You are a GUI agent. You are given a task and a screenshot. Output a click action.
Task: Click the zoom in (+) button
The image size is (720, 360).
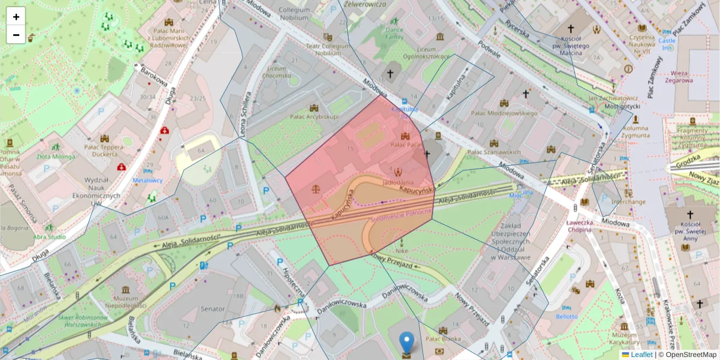click(16, 17)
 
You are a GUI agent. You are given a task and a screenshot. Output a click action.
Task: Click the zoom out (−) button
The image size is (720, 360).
click(16, 35)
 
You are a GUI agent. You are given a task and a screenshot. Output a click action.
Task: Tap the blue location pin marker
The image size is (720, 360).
click(407, 343)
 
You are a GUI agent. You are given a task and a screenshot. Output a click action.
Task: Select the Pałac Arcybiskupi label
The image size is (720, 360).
click(314, 116)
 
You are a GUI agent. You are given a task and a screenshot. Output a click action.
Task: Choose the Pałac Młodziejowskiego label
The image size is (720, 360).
click(503, 112)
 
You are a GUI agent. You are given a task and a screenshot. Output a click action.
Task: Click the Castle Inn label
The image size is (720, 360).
click(667, 44)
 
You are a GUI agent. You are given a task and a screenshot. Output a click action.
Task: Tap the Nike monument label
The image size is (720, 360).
click(401, 251)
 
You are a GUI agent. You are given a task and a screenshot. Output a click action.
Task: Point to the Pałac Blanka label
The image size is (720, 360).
click(443, 339)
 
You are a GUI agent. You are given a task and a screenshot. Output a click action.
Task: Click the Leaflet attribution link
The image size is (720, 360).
click(641, 355)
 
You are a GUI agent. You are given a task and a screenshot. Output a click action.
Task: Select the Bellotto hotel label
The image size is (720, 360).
click(566, 316)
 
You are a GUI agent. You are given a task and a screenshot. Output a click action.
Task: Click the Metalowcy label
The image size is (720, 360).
click(148, 180)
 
